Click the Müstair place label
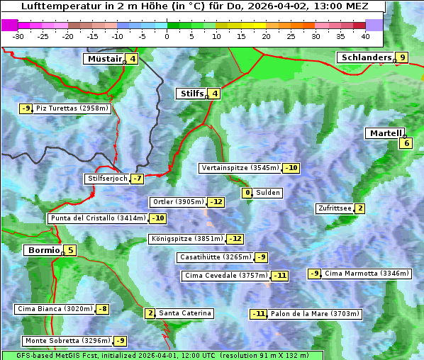coord(104,59)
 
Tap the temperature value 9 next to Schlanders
coord(402,57)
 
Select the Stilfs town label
coord(191,93)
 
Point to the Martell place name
coord(385,133)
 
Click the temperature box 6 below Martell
coord(406,143)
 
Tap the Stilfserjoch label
coord(107,179)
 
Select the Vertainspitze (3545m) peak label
coord(240,168)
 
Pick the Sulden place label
coord(267,193)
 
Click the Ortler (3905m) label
coord(178,202)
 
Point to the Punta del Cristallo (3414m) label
coord(98,218)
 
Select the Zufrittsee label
coord(335,208)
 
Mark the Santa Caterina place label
coord(184,313)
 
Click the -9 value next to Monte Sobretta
coord(121,341)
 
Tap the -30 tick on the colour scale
coord(18,35)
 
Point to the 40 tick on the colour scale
coord(365,35)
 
